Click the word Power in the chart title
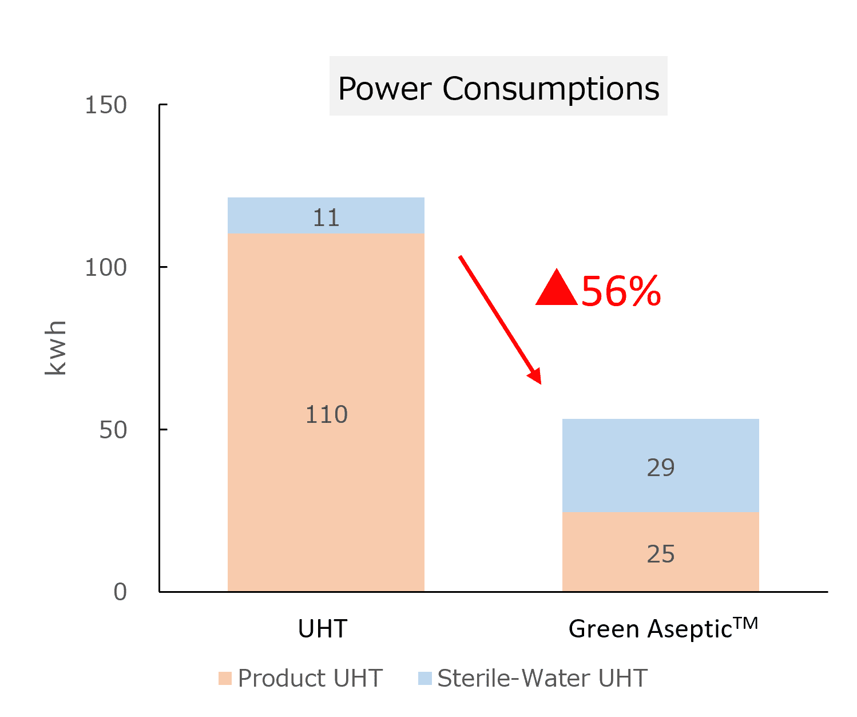tap(384, 89)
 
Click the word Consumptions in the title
tap(551, 89)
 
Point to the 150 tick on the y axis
tap(106, 105)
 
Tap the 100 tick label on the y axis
tap(106, 267)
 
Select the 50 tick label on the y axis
tap(113, 430)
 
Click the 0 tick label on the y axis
tap(120, 592)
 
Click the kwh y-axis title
tap(56, 348)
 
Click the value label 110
tap(326, 415)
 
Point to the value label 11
tap(326, 218)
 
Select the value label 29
tap(661, 468)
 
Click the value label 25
tap(661, 554)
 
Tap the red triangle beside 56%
tap(557, 289)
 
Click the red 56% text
tap(621, 291)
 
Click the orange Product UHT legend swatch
tap(225, 679)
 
